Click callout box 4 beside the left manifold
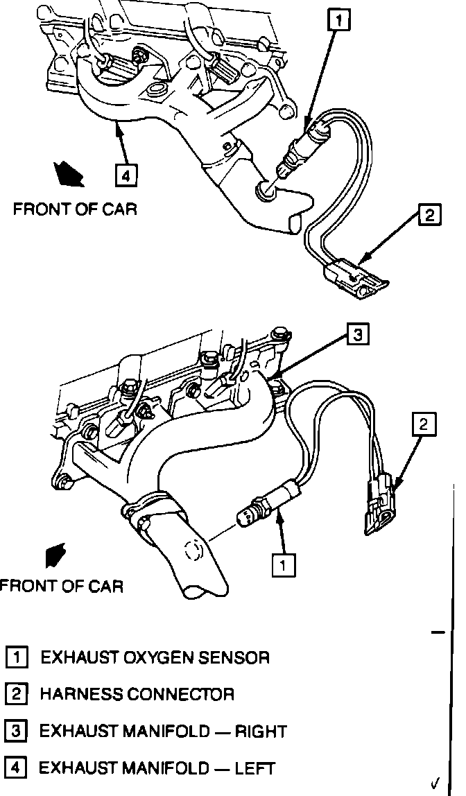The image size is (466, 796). click(x=125, y=176)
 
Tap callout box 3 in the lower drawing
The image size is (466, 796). click(x=356, y=336)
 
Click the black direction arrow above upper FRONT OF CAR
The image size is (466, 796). click(x=69, y=173)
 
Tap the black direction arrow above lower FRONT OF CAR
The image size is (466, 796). click(x=53, y=555)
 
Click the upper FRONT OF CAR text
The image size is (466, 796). click(x=75, y=209)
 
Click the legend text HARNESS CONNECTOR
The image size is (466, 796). click(x=137, y=693)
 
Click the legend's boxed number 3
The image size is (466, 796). click(x=16, y=731)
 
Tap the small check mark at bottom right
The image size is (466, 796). click(x=435, y=784)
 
